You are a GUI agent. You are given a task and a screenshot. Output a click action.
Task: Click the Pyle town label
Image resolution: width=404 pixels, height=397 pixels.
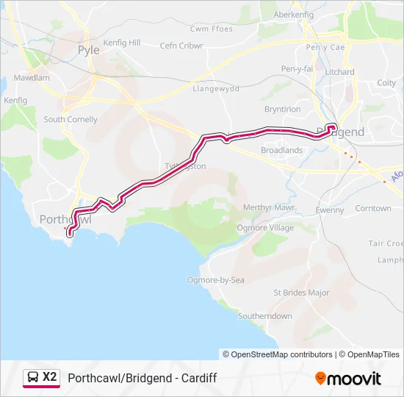87,50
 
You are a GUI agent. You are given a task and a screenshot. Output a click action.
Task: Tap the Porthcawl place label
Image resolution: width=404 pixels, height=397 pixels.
65,219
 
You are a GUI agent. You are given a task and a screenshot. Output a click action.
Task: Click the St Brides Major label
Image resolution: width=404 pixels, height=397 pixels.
301,293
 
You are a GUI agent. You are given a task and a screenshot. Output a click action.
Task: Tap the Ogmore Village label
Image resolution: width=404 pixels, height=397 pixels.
264,228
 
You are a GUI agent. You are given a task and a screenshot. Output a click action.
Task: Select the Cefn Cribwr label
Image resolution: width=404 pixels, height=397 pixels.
181,46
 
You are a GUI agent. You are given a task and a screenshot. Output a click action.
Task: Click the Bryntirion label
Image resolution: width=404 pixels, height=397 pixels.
282,109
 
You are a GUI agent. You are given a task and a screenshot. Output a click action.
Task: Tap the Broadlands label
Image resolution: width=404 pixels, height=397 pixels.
281,150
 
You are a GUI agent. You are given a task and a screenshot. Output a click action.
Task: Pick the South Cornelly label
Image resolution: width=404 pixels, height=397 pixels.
71,119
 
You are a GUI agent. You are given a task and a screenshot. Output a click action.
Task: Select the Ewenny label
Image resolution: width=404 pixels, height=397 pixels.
329,210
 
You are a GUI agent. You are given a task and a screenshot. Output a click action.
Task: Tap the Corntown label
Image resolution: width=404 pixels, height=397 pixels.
373,208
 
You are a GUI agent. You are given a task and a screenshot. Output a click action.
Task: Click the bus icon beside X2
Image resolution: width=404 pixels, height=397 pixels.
33,378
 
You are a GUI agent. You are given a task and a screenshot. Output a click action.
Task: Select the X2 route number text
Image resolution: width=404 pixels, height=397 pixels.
49,377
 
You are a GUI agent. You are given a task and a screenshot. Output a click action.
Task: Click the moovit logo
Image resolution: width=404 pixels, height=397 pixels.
348,379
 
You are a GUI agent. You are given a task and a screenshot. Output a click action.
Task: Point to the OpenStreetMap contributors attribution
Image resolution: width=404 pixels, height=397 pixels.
278,354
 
